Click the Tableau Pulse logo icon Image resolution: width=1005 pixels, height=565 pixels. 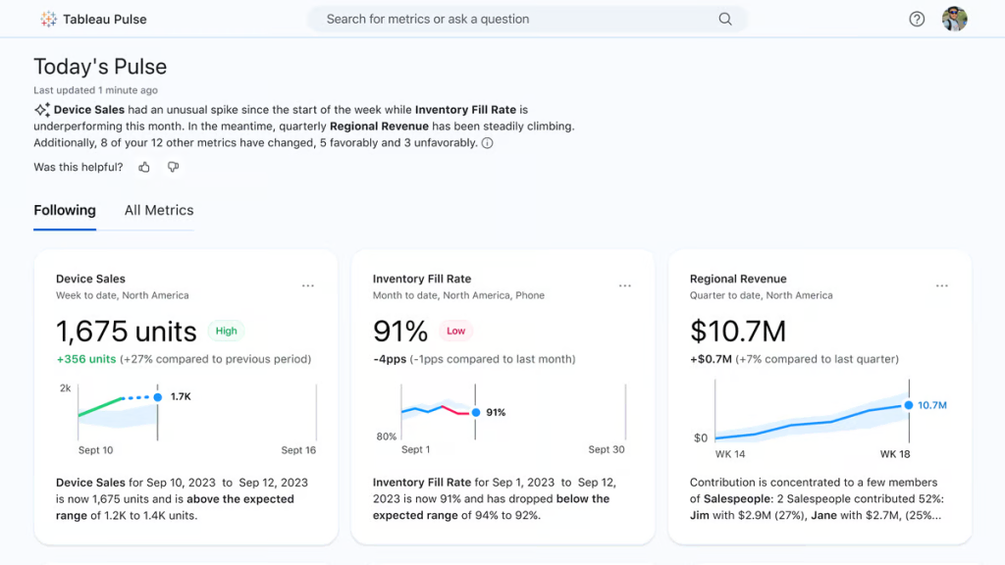(48, 19)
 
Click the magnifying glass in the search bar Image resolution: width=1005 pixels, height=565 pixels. (725, 19)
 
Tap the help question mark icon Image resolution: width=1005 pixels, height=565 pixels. (917, 19)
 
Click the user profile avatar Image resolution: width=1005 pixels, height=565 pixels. (954, 19)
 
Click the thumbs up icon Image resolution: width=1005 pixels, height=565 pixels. (144, 167)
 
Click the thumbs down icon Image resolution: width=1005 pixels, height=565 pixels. (173, 167)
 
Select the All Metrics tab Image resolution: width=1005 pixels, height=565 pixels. (159, 210)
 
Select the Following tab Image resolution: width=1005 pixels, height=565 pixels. (65, 210)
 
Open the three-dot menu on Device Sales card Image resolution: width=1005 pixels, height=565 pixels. (308, 285)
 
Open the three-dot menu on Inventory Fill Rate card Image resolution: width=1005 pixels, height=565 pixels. (625, 285)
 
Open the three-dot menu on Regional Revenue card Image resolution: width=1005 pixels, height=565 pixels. (942, 285)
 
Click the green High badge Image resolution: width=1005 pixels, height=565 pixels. (227, 332)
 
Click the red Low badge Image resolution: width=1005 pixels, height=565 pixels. (455, 332)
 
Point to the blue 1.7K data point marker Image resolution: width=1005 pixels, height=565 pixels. (157, 397)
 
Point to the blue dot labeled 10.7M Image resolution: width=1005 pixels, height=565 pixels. (909, 404)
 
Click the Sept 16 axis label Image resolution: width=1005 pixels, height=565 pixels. (298, 450)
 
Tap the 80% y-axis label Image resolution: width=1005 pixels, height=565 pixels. (387, 437)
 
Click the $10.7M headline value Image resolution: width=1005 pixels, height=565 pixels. (737, 332)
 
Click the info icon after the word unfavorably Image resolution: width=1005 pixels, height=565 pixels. (488, 143)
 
